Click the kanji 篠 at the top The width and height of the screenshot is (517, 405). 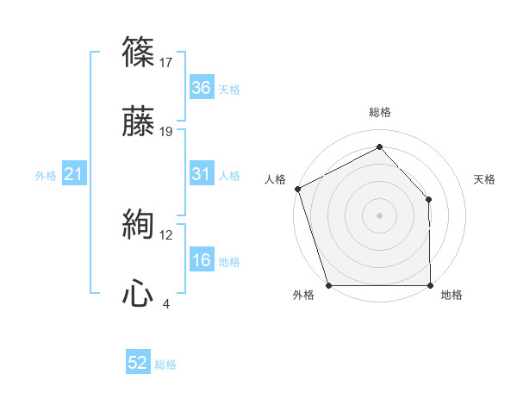(139, 54)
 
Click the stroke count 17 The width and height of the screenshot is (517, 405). (166, 62)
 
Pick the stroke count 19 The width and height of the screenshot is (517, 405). (166, 131)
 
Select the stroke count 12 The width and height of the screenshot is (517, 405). (166, 234)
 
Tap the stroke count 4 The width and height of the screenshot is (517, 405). (165, 303)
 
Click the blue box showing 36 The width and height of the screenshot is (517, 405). (201, 88)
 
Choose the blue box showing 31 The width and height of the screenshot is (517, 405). (201, 174)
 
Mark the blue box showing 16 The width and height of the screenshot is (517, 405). (201, 260)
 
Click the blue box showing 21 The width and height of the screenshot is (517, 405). (73, 175)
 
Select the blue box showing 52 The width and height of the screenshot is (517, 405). (138, 364)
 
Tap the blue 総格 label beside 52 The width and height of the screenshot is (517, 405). (166, 364)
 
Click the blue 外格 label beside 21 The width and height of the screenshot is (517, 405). (46, 176)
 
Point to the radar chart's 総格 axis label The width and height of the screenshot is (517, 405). (380, 113)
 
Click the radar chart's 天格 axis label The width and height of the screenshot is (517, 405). (485, 179)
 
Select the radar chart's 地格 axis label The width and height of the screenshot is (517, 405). (452, 296)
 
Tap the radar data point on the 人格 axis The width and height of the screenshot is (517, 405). (297, 188)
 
